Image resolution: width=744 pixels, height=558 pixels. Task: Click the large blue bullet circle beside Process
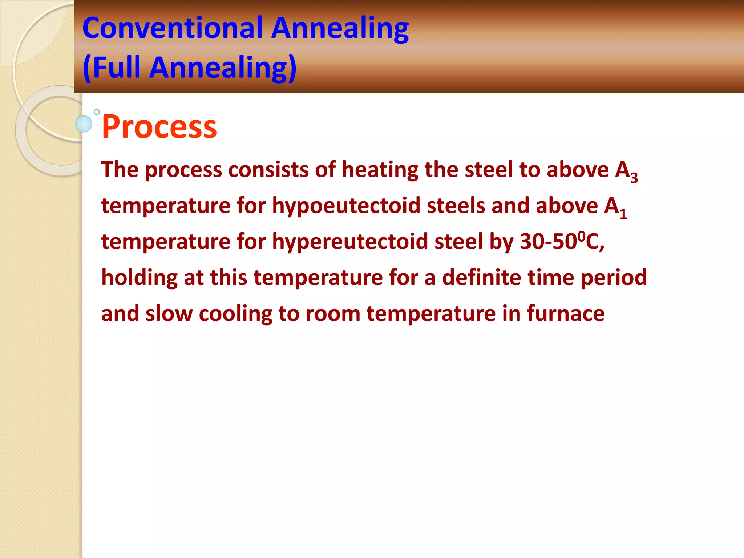tap(84, 124)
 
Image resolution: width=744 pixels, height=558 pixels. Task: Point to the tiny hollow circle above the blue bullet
tap(97, 112)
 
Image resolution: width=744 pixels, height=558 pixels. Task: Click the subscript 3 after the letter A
tap(634, 178)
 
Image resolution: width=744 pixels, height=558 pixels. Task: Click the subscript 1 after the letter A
tap(623, 214)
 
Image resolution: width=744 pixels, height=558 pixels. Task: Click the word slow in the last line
tap(169, 314)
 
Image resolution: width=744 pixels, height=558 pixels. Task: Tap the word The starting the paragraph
tap(120, 170)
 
